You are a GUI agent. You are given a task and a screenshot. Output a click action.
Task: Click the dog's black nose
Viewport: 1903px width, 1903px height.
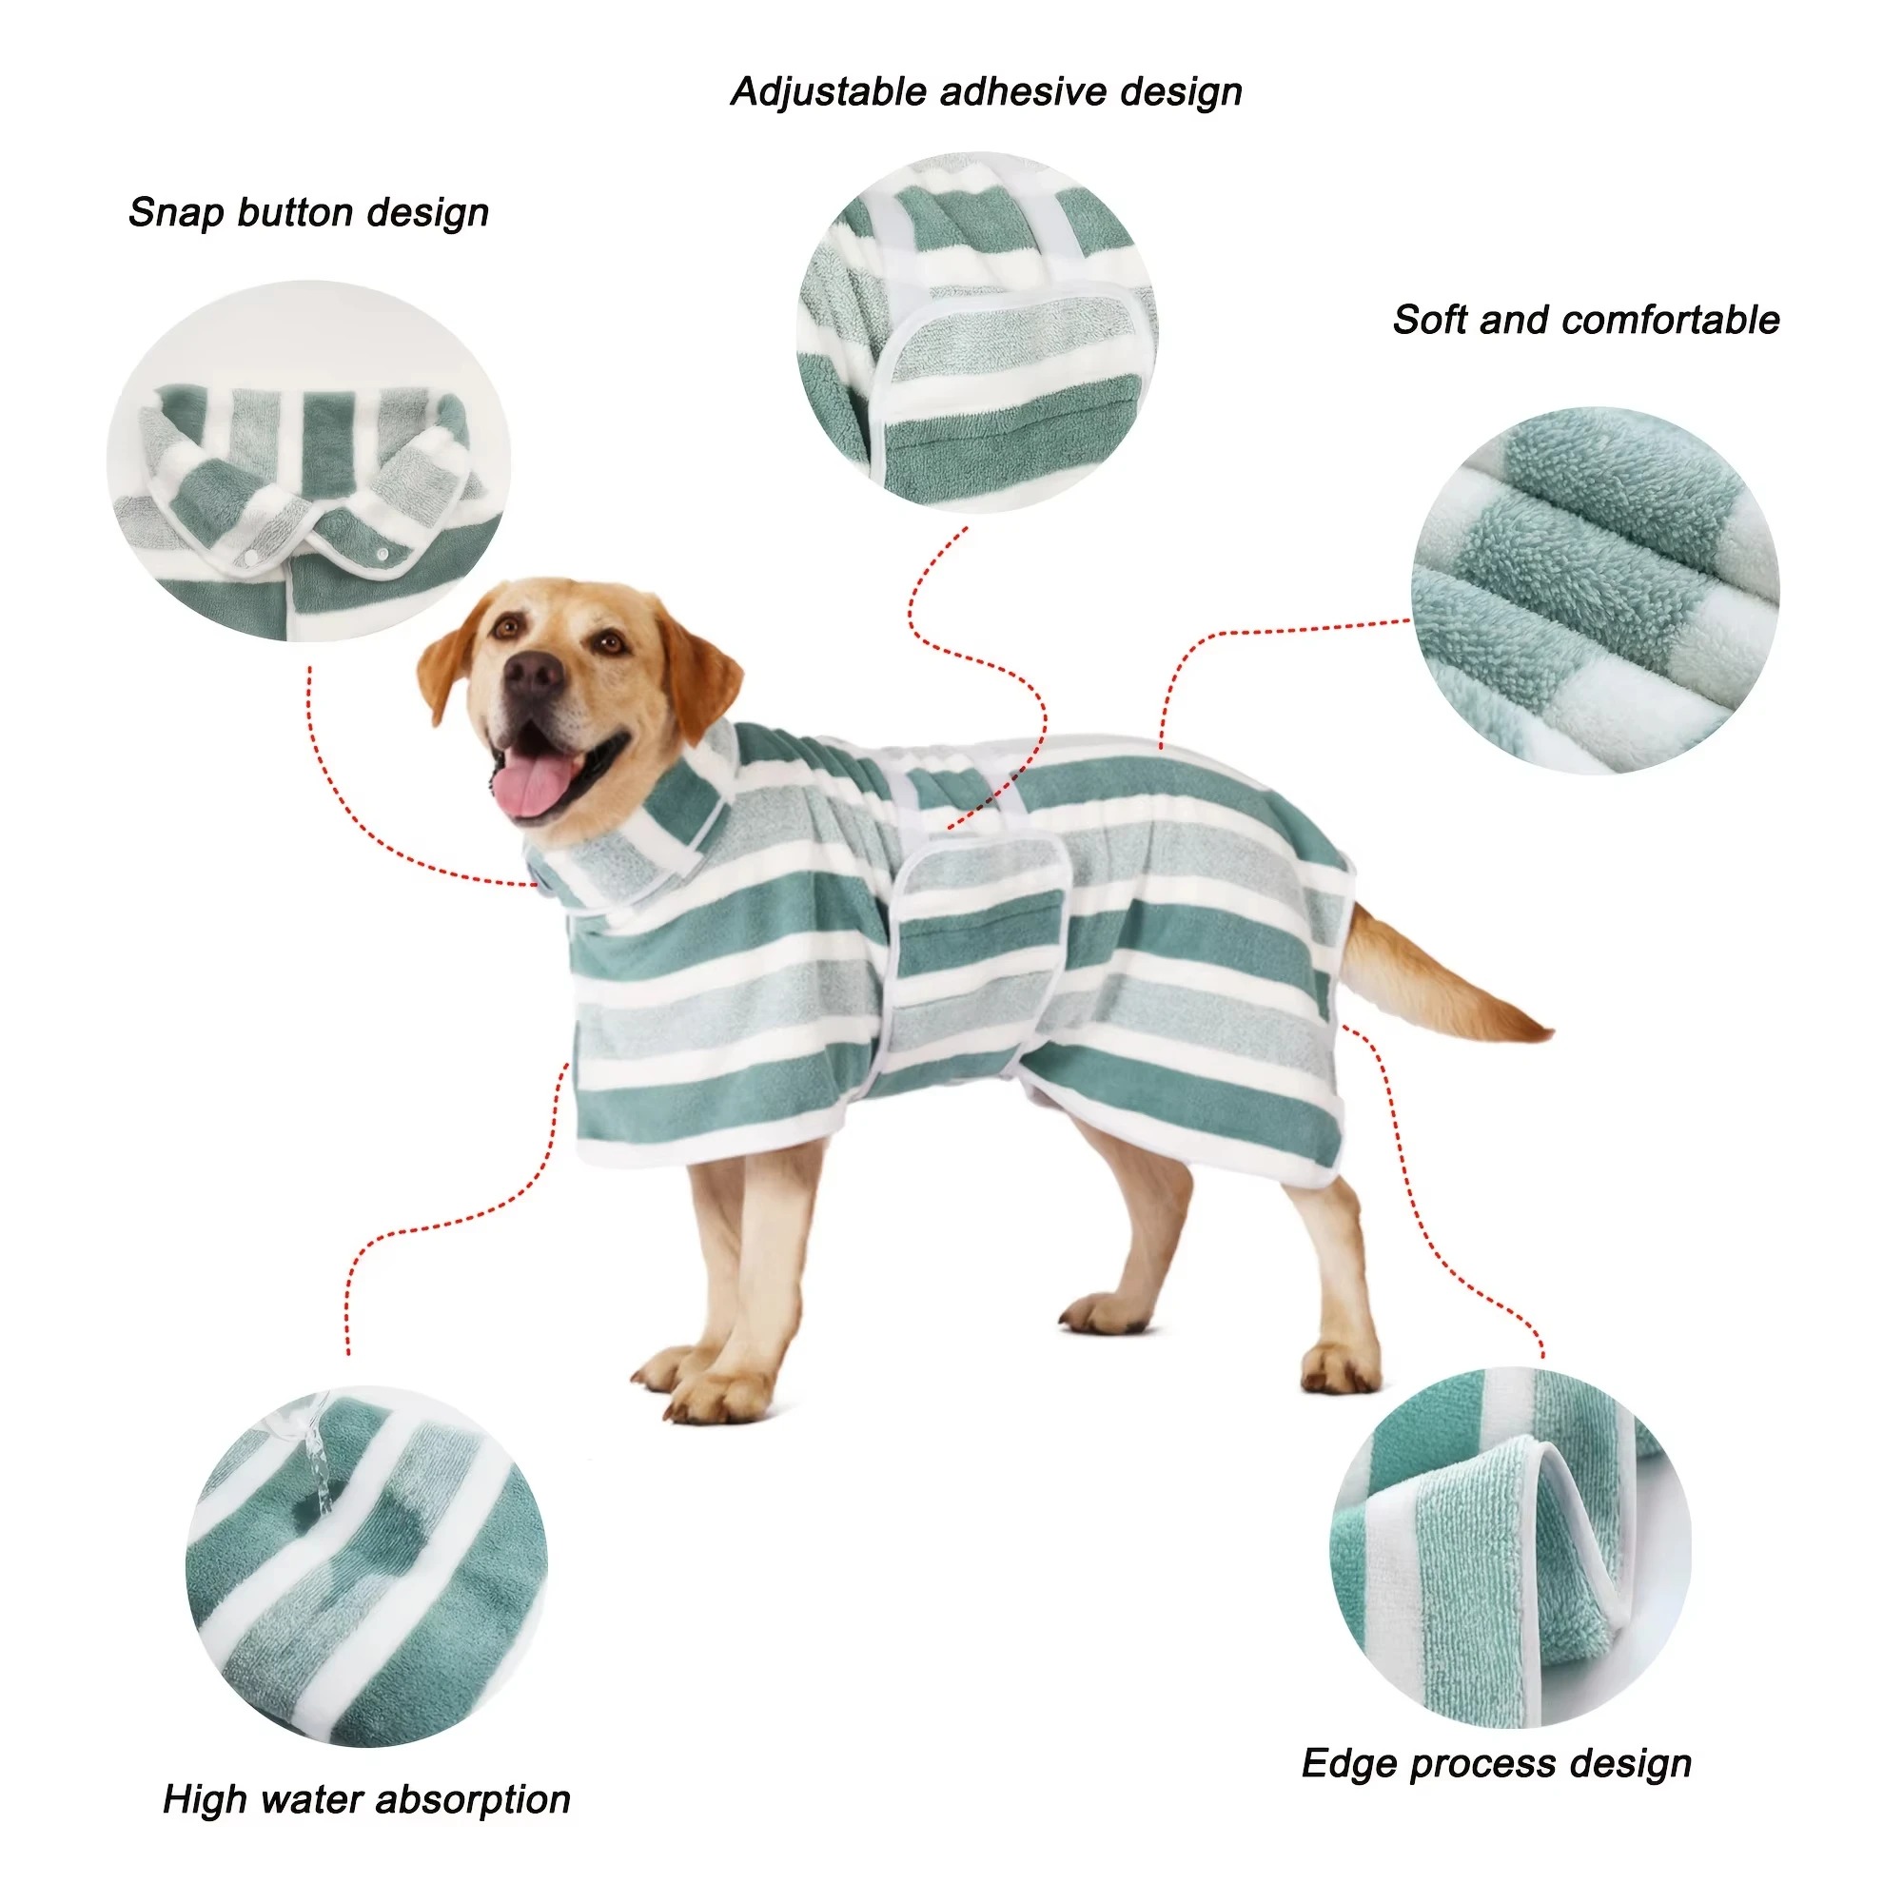point(533,674)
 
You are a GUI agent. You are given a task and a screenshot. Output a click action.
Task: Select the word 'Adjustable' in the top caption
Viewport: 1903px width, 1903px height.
point(829,91)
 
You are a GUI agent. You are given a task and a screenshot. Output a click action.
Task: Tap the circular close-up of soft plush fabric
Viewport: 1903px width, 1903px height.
point(1595,590)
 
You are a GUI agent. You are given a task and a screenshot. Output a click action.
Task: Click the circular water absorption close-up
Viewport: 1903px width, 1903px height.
point(366,1567)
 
